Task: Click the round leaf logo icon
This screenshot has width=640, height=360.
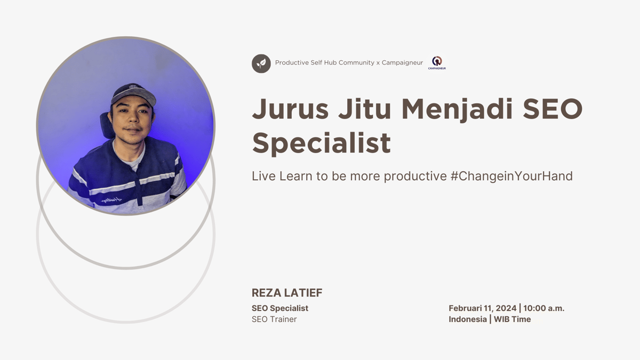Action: pyautogui.click(x=261, y=63)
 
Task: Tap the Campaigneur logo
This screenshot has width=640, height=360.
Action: pyautogui.click(x=437, y=63)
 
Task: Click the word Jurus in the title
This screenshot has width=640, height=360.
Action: pyautogui.click(x=287, y=109)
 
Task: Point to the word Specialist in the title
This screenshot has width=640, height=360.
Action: pyautogui.click(x=321, y=143)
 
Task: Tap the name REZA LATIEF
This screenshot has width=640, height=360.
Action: pyautogui.click(x=287, y=293)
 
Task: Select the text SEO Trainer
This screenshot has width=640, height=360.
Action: pyautogui.click(x=274, y=319)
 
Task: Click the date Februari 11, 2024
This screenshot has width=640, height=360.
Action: pyautogui.click(x=482, y=308)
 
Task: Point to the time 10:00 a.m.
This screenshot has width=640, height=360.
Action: pyautogui.click(x=543, y=308)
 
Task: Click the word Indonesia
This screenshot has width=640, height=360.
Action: pyautogui.click(x=468, y=319)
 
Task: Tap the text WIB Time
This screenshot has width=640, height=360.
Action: pyautogui.click(x=512, y=319)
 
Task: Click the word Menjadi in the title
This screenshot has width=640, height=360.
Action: pyautogui.click(x=457, y=109)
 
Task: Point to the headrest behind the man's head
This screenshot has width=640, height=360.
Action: pyautogui.click(x=106, y=125)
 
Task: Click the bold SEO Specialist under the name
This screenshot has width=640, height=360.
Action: pyautogui.click(x=280, y=308)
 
